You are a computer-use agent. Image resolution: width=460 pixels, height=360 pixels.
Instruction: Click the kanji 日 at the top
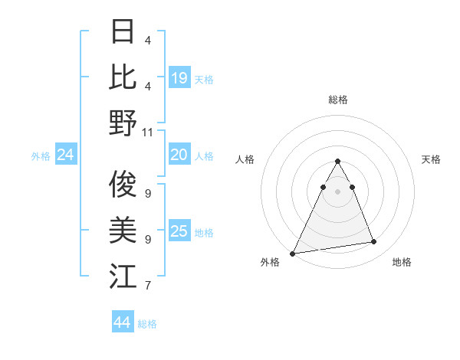tap(123, 31)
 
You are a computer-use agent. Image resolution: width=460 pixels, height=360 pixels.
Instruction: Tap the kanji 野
tap(123, 122)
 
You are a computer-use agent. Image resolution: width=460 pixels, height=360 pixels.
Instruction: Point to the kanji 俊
tap(123, 184)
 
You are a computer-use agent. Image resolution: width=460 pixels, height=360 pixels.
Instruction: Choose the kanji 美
tap(123, 229)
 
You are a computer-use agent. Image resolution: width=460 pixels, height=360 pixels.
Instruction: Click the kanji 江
tap(123, 276)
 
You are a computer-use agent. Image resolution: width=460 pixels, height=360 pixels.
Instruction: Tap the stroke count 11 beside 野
tap(148, 132)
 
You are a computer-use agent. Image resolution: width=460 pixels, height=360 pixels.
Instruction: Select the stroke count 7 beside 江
tap(148, 286)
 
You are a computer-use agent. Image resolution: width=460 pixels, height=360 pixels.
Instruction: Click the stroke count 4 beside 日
tap(148, 40)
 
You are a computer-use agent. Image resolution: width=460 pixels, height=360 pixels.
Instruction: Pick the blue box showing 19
tap(179, 78)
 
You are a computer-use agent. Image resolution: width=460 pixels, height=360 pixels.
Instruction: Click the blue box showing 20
tap(179, 155)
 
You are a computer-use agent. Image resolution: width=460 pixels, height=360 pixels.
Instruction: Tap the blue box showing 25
tap(179, 231)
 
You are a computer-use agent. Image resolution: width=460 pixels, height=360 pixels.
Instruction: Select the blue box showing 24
tap(65, 155)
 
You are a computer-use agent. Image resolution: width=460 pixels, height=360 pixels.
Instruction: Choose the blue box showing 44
tap(122, 322)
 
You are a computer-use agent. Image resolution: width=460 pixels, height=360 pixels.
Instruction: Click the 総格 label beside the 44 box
tap(147, 324)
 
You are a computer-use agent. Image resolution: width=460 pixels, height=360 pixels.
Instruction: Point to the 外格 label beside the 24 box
tap(41, 156)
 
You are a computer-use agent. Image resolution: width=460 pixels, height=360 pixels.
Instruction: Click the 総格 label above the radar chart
tap(337, 100)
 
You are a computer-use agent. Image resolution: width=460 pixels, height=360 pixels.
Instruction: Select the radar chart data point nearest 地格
tap(374, 242)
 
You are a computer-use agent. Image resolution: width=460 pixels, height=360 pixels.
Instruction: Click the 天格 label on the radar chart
tap(431, 159)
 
